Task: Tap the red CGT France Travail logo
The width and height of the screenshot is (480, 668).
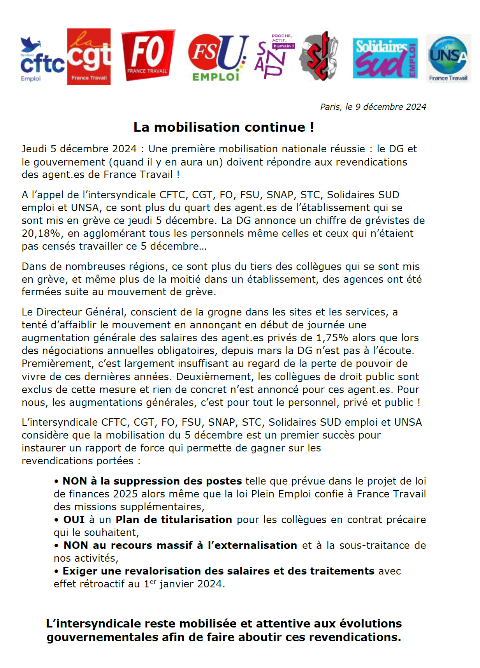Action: tap(89, 57)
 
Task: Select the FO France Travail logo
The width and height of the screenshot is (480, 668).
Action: tap(148, 55)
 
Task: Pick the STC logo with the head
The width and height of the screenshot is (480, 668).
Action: tap(318, 56)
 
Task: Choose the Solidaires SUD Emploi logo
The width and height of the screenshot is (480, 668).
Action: tap(385, 58)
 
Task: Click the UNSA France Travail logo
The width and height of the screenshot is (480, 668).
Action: tap(448, 58)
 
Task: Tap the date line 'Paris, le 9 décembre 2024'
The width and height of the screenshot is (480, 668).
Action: tap(373, 107)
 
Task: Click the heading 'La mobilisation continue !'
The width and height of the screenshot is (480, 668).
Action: tap(223, 127)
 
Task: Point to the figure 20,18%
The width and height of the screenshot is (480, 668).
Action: tap(41, 233)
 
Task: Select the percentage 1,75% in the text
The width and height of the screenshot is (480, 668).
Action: tap(332, 338)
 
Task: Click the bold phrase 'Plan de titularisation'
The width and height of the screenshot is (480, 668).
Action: tap(174, 520)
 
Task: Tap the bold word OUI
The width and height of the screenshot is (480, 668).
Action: tap(74, 520)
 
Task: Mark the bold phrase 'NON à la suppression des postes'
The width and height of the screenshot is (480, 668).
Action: tap(152, 481)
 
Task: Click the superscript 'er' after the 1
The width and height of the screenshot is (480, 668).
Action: tap(153, 582)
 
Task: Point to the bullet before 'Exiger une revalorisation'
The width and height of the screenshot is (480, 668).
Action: tap(56, 571)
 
